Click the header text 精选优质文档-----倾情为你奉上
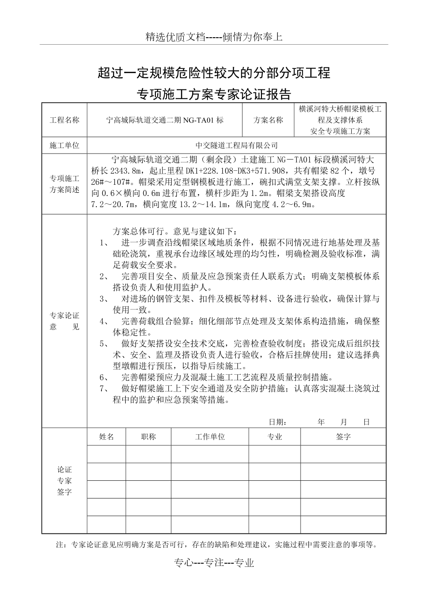[214, 37]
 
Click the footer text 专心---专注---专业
[214, 563]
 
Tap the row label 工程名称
[65, 120]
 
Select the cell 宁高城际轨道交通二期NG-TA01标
[165, 120]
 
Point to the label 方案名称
[268, 120]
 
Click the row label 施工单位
[65, 146]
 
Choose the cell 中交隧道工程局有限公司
[237, 146]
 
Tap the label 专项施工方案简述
[65, 184]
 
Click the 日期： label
[278, 422]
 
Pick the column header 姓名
[107, 437]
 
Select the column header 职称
[148, 437]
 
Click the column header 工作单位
[210, 437]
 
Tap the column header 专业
[274, 437]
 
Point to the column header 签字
[343, 437]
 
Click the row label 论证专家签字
[65, 481]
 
